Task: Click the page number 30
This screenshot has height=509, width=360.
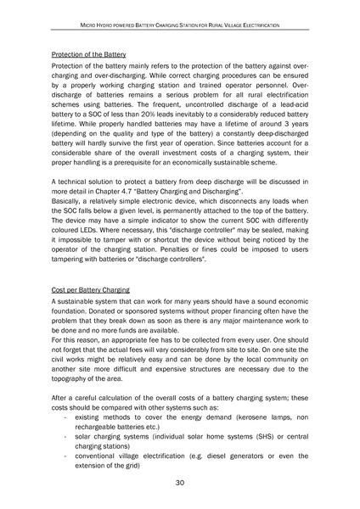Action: click(x=180, y=482)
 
